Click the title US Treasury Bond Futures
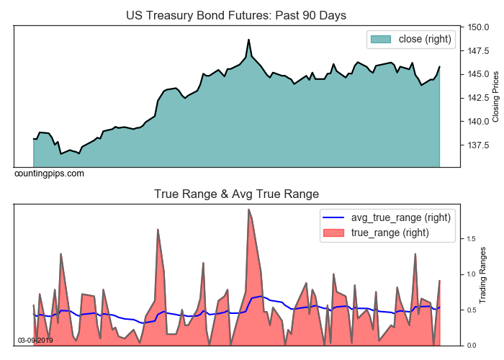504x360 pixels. click(x=236, y=15)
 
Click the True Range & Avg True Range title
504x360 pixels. click(x=236, y=194)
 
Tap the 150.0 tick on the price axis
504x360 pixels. click(x=478, y=27)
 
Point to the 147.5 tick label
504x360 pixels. click(x=478, y=51)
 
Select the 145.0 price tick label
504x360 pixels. click(x=478, y=74)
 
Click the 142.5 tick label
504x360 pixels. click(x=478, y=98)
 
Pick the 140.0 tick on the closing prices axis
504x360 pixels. click(x=478, y=121)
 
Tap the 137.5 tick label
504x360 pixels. click(x=478, y=145)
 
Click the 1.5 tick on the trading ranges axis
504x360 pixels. click(x=472, y=238)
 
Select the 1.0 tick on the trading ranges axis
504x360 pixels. click(x=472, y=274)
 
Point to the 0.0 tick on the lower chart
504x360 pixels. click(x=472, y=346)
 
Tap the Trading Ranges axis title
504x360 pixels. click(x=485, y=276)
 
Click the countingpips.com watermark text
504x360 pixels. click(x=49, y=174)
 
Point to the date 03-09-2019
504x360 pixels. click(x=35, y=340)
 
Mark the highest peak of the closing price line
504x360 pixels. click(x=248, y=40)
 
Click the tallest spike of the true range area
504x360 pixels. click(x=248, y=210)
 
